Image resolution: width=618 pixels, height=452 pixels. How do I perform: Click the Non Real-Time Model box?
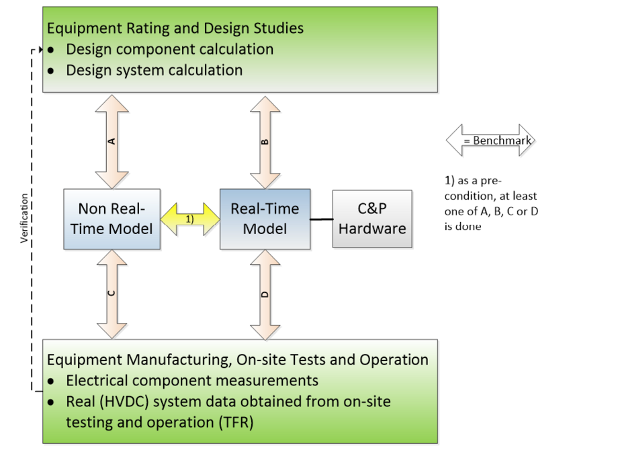[x=112, y=219]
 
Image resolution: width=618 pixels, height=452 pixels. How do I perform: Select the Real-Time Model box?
[x=265, y=219]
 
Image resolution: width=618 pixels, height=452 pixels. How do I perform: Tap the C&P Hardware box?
[x=372, y=219]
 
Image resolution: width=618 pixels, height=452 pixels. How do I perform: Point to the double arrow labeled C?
[x=112, y=294]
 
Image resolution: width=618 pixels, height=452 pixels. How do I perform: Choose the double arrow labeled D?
[x=265, y=294]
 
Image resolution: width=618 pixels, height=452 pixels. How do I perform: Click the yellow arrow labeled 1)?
[x=190, y=219]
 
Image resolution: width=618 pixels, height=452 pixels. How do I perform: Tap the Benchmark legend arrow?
[x=490, y=141]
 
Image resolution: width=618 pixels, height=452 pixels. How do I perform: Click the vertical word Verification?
[x=25, y=218]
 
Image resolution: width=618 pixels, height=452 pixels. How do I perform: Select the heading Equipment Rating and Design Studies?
[x=175, y=28]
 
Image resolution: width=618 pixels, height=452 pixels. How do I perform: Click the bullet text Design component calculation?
[x=169, y=49]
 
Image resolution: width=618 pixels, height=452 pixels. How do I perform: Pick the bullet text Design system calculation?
[x=154, y=70]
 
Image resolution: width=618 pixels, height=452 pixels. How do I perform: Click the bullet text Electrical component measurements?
[x=192, y=381]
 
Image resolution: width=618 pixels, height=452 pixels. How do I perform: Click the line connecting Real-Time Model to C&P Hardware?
[x=322, y=219]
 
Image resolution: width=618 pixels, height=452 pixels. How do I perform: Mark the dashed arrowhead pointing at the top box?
[x=40, y=50]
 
